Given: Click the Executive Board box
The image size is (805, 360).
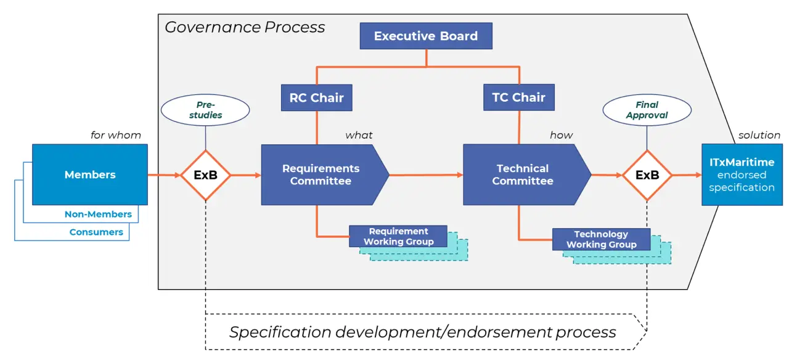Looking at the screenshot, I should [x=426, y=36].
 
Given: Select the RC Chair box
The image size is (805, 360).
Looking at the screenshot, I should [x=316, y=97].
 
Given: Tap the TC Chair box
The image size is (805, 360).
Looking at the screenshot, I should [x=518, y=97].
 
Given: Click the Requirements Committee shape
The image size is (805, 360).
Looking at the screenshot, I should [x=321, y=174].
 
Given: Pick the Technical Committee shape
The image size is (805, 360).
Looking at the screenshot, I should [x=523, y=174].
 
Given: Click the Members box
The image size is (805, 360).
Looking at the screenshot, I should [x=90, y=174].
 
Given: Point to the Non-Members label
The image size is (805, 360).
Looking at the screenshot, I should [x=99, y=215].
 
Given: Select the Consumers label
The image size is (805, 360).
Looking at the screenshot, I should [x=96, y=232].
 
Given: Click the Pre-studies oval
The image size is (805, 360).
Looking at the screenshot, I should [x=205, y=110].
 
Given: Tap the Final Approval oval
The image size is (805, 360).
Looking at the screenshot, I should [x=647, y=110].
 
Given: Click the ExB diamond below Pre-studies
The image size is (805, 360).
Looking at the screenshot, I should [x=205, y=175].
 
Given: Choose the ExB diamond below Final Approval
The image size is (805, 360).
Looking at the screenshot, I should [x=647, y=175].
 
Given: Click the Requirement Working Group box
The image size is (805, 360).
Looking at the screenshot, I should [x=398, y=236].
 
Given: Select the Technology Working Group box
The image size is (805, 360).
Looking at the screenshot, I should [x=601, y=239].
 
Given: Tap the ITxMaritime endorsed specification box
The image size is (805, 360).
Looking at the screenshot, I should [x=742, y=174].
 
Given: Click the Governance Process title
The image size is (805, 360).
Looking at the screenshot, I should [x=245, y=27].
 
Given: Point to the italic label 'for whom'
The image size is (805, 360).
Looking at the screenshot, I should [x=116, y=135].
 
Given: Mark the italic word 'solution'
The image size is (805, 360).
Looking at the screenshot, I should [x=759, y=135].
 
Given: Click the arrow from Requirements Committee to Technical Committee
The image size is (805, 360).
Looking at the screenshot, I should [x=426, y=175].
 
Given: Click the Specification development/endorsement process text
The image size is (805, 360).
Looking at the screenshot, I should [x=423, y=332].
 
